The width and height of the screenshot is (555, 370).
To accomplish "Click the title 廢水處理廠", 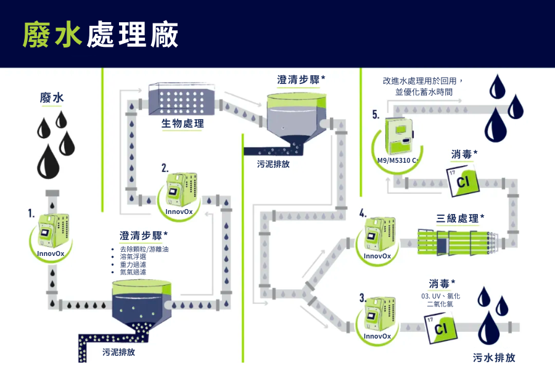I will pyautogui.click(x=101, y=35).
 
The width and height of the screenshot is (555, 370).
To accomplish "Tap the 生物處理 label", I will pyautogui.click(x=183, y=124).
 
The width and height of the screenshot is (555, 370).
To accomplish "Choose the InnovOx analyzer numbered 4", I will pyautogui.click(x=379, y=234).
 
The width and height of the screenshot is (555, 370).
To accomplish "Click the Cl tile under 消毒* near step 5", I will pyautogui.click(x=464, y=179).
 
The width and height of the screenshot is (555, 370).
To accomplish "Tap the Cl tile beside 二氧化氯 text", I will pyautogui.click(x=440, y=327).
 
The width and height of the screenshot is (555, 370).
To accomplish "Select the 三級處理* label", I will pyautogui.click(x=459, y=218).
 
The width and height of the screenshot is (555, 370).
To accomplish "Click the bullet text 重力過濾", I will pyautogui.click(x=133, y=264).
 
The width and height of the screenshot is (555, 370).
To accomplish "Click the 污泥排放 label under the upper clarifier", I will pyautogui.click(x=273, y=165).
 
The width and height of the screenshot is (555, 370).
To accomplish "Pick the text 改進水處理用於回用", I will pyautogui.click(x=422, y=80).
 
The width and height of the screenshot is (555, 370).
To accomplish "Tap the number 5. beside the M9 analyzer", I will pyautogui.click(x=376, y=115).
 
